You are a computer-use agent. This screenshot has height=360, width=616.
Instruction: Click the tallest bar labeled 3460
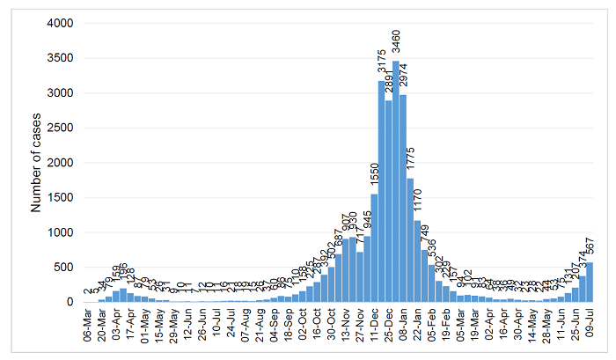[x=395, y=181]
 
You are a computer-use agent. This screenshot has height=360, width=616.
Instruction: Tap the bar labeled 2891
[x=388, y=202]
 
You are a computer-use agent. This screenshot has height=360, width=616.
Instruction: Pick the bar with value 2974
[x=402, y=199]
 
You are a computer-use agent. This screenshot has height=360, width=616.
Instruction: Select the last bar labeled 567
[x=589, y=283]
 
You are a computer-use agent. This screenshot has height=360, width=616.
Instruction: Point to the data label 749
[x=425, y=237]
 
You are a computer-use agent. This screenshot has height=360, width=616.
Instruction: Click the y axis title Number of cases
[x=36, y=162]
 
